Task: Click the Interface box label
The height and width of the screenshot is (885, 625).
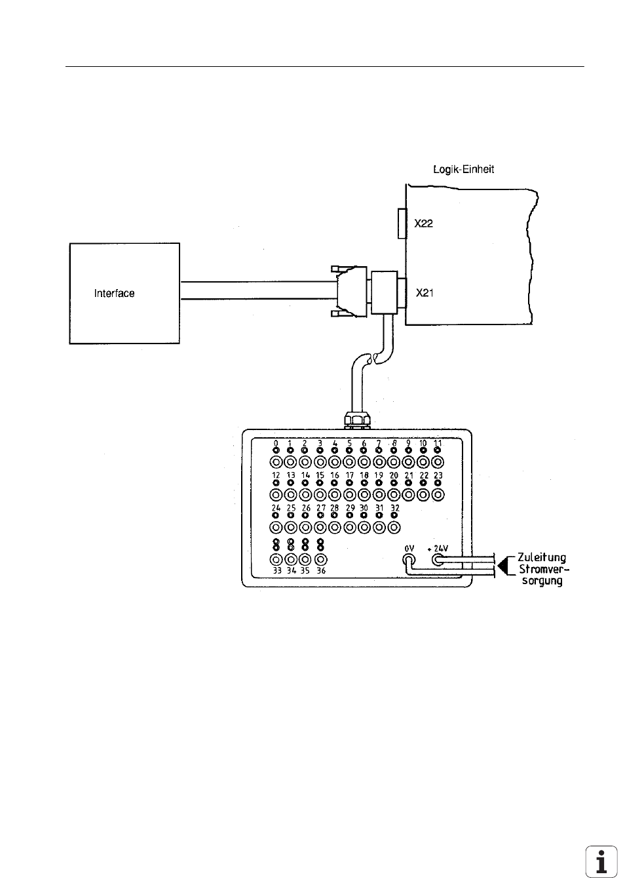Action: [114, 293]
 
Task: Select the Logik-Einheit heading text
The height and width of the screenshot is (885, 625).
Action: [464, 170]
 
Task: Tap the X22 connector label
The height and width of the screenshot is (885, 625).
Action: [423, 224]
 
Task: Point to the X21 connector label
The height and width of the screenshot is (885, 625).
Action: [425, 293]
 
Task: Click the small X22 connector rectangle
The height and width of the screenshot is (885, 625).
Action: [402, 224]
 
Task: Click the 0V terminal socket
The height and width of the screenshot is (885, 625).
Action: [409, 560]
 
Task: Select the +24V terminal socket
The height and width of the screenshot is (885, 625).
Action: [438, 560]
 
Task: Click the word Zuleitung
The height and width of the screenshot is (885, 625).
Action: [542, 557]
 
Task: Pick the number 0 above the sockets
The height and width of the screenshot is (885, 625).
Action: [276, 443]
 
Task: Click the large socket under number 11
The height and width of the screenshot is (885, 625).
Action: [438, 462]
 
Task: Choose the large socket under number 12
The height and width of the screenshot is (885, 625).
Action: [276, 495]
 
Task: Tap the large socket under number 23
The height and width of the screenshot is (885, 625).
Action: [438, 495]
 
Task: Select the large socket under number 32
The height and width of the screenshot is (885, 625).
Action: [394, 528]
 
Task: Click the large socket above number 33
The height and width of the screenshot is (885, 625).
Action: [276, 560]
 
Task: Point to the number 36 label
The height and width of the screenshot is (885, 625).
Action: [321, 571]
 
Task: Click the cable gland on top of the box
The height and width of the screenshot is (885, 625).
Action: [357, 420]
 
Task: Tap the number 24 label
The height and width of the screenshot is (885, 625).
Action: [276, 508]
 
